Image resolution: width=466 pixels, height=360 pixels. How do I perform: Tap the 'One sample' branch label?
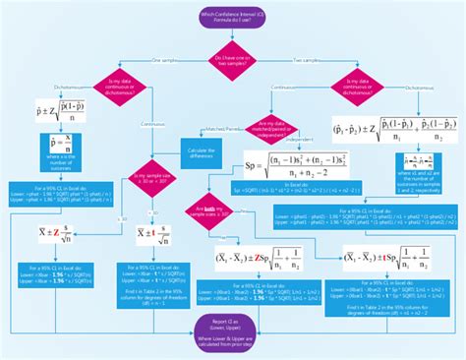point(166,61)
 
